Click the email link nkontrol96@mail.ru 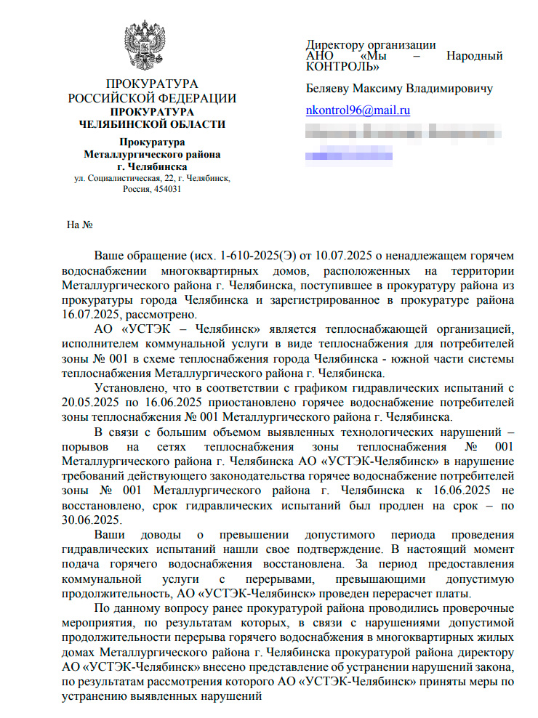tap(358, 110)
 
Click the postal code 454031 tap(167, 189)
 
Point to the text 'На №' tap(79, 225)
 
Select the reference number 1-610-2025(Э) tap(246, 257)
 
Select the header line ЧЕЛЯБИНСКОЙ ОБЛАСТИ tap(152, 124)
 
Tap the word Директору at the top tap(335, 45)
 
